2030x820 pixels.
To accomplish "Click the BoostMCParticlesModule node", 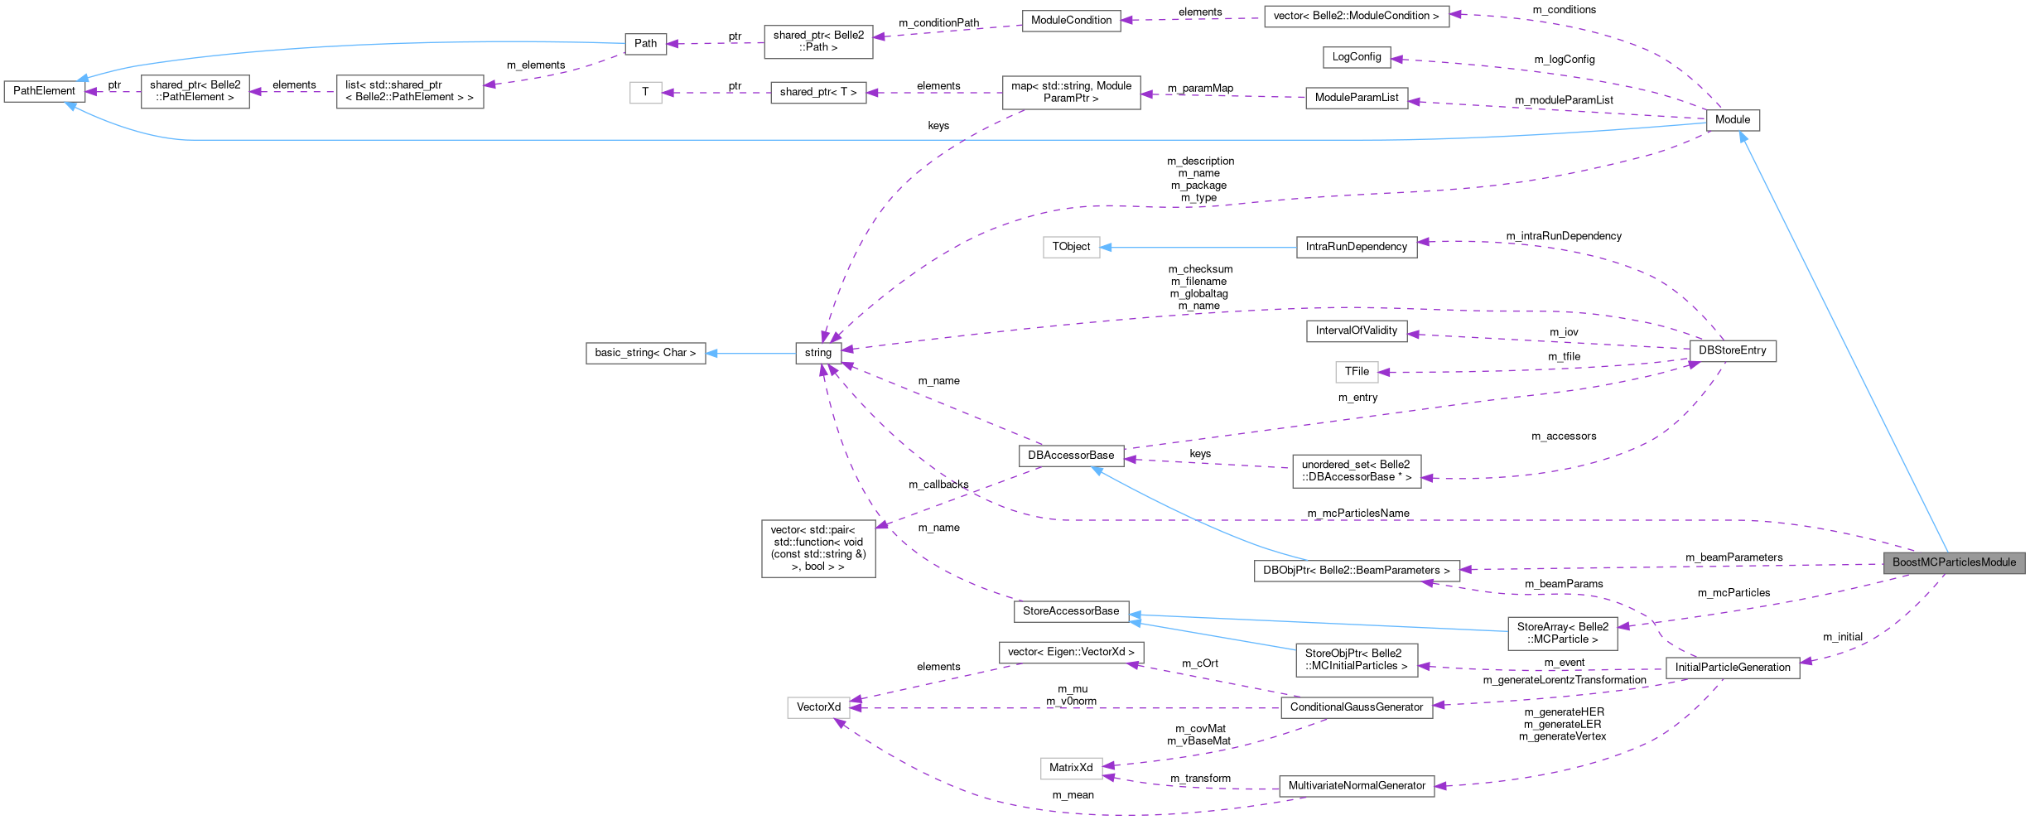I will coord(1954,562).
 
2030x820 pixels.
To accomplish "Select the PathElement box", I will coord(44,91).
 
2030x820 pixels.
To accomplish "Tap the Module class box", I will coord(1732,120).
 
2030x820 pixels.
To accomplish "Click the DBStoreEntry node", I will coord(1732,351).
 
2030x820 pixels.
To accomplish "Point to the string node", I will coord(817,353).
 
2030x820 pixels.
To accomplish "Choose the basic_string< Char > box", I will coord(645,353).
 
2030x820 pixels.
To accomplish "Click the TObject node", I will coord(1071,247).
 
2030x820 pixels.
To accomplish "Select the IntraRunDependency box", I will coord(1356,247).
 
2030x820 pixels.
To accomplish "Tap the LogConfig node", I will coord(1356,57).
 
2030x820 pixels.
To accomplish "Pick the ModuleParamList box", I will coord(1356,98).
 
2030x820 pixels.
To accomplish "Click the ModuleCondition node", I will coord(1071,21).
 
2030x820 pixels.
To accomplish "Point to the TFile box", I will coord(1356,372).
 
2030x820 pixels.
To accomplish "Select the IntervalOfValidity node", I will coord(1356,330).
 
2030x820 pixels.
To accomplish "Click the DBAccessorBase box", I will coord(1071,456).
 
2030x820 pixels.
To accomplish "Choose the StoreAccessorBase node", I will coord(1071,611).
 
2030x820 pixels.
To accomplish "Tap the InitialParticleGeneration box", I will coord(1732,668).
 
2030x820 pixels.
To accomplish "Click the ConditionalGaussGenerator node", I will coord(1356,707).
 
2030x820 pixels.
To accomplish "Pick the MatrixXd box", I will coord(1071,768).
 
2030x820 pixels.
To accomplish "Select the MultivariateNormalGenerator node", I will coord(1356,786).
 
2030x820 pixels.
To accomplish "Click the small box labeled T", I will coord(645,92).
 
